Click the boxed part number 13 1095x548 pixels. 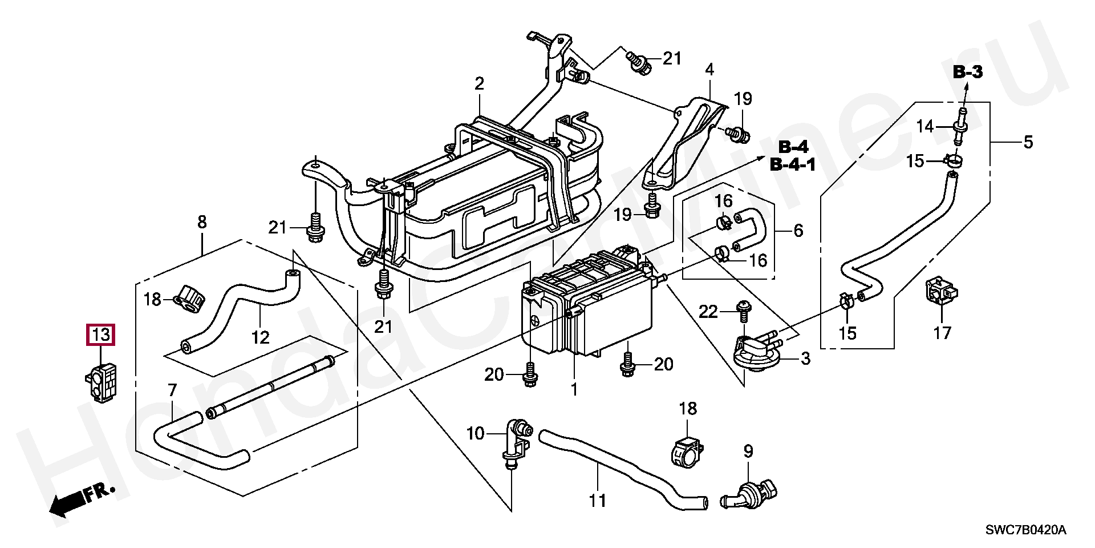[100, 335]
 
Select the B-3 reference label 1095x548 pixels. [968, 72]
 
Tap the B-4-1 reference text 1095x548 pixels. [793, 166]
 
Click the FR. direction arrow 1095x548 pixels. [82, 500]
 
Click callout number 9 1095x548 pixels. [748, 452]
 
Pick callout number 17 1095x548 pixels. [942, 332]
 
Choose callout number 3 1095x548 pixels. [805, 359]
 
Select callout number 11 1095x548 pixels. [597, 501]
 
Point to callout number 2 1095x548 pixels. [479, 84]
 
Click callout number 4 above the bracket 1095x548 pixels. [709, 70]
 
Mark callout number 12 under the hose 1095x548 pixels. [260, 338]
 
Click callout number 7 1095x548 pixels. [172, 390]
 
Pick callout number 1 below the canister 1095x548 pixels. [574, 389]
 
